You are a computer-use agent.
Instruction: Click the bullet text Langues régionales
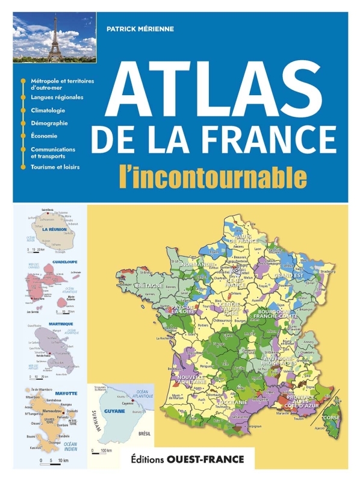57,97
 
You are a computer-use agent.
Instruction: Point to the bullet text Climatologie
48,110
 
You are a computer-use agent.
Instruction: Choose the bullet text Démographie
49,123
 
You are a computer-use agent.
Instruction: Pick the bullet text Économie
44,136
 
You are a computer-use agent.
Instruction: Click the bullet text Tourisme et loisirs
55,166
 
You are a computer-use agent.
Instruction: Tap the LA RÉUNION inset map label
54,230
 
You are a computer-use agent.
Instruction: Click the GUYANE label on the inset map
114,411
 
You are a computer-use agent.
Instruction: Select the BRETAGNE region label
149,284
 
